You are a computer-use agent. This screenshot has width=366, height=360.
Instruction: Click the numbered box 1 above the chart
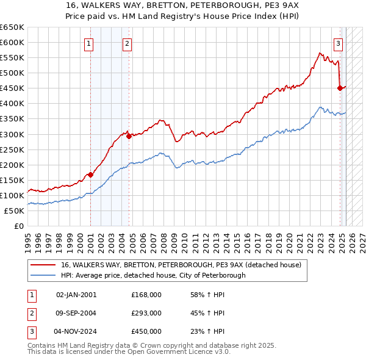(x=89, y=43)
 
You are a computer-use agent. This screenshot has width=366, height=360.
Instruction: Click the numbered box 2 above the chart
(x=127, y=43)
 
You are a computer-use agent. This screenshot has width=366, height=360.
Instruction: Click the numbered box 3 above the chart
(x=338, y=43)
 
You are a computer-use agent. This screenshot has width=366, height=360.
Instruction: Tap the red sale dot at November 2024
(x=340, y=88)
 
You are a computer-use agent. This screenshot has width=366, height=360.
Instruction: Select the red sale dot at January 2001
(x=90, y=175)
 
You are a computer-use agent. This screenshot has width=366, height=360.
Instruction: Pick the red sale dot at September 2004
(x=129, y=136)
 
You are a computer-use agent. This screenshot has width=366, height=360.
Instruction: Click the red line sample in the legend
(x=43, y=265)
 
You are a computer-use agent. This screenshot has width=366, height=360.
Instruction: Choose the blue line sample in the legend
(x=43, y=275)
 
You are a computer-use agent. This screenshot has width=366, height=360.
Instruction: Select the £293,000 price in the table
(x=146, y=313)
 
